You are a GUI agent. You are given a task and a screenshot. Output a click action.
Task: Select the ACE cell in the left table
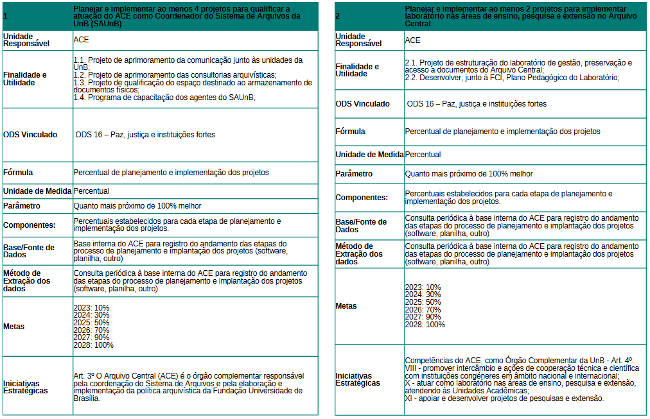[82, 40]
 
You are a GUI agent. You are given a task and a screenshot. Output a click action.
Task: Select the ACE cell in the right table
[413, 40]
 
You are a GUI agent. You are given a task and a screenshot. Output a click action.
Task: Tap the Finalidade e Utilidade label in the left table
[25, 78]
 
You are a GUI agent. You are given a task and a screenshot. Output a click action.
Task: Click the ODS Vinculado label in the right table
[362, 103]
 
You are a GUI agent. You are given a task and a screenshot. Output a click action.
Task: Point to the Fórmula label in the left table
[18, 173]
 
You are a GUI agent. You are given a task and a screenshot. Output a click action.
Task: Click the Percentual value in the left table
[91, 191]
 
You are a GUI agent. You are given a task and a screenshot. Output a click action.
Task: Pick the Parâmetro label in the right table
[354, 174]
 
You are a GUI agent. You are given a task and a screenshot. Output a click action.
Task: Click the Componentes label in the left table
[30, 225]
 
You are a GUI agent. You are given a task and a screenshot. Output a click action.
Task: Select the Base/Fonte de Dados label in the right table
[361, 226]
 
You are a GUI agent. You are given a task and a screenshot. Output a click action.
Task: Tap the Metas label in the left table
[14, 327]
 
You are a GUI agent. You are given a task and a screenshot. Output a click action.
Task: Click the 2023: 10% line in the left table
[91, 308]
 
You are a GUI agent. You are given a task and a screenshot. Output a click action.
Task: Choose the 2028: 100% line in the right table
[425, 325]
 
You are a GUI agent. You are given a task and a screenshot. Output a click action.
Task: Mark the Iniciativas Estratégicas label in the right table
[358, 379]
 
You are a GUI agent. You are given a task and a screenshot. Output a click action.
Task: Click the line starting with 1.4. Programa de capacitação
[164, 98]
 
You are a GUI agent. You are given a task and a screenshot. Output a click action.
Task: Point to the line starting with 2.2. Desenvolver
[512, 78]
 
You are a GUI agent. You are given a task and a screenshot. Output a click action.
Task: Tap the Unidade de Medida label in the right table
[369, 155]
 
